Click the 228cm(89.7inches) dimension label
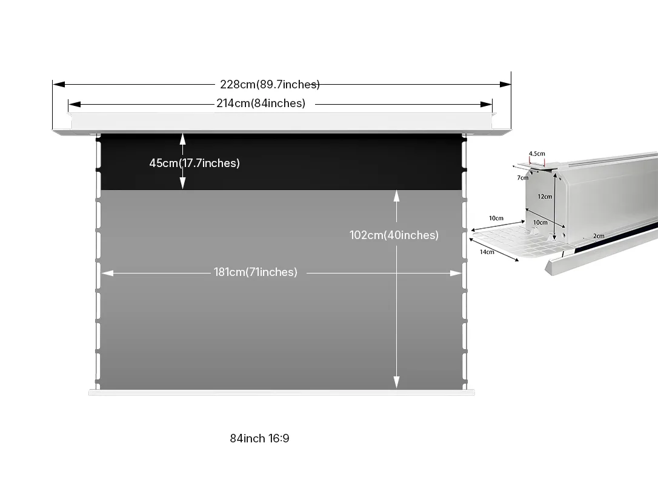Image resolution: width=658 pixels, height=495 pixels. coord(270,84)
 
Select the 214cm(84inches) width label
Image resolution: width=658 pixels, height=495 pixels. coord(261,103)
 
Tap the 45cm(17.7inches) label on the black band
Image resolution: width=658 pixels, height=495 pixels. coord(194,163)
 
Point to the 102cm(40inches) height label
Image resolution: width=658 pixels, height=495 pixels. coord(394,235)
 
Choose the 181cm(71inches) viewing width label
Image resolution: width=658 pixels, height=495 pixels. coord(255,272)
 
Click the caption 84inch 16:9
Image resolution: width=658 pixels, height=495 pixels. coord(259,438)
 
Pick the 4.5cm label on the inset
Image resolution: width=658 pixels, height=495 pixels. coord(537,154)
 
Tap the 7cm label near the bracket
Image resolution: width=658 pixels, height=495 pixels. coord(522,177)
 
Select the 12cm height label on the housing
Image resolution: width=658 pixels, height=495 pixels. coord(545,196)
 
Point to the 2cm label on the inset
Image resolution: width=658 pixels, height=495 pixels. coord(599,236)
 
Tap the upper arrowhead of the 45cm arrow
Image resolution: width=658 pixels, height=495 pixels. coord(182,138)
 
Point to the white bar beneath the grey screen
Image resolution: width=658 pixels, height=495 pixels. coord(282,392)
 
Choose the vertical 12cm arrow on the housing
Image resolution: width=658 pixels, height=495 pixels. coord(554,206)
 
